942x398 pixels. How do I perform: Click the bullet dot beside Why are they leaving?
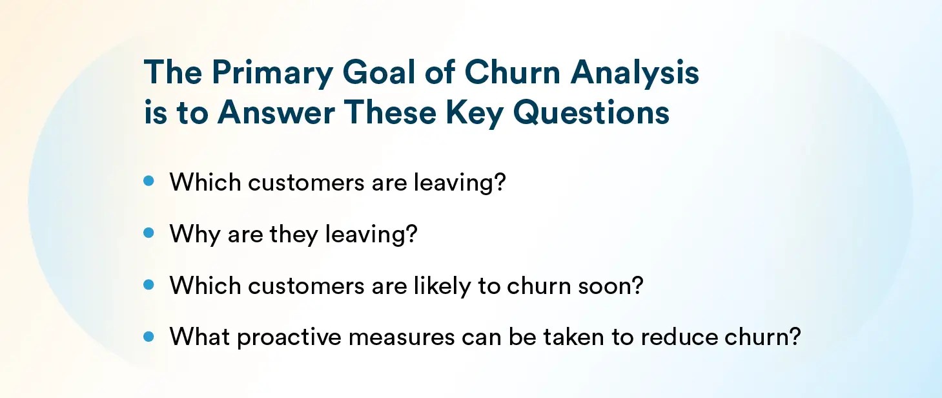pos(149,233)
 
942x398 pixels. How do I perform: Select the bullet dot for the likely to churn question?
pos(149,285)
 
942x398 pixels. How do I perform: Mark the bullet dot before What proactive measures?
pos(149,336)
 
